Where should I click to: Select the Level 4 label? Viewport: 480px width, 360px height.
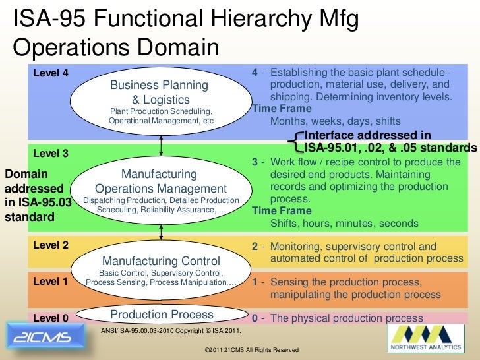point(51,73)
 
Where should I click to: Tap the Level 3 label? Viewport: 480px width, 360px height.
point(51,154)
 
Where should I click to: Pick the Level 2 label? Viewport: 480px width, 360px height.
point(51,245)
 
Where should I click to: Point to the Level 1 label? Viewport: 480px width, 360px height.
point(51,282)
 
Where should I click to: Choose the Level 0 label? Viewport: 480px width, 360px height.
point(51,318)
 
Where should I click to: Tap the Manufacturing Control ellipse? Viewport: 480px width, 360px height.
point(160,270)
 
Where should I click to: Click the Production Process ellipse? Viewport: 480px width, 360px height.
point(161,315)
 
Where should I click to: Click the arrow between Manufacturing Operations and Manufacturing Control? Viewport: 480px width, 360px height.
point(160,233)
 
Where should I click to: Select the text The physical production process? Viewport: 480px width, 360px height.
point(346,318)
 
